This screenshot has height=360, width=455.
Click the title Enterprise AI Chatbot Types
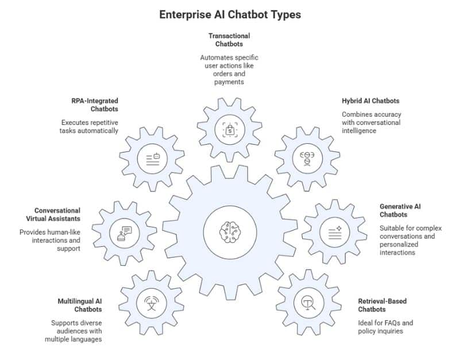tap(230, 14)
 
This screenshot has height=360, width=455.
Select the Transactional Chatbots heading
tap(229, 40)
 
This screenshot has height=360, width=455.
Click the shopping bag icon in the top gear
tap(229, 130)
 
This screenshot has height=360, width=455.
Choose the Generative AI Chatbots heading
tap(400, 210)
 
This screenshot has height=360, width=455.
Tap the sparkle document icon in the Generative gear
tap(334, 232)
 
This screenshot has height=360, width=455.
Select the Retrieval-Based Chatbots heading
tap(382, 305)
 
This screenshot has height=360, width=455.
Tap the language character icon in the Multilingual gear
tap(151, 302)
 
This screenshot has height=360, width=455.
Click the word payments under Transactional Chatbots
tap(229, 82)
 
